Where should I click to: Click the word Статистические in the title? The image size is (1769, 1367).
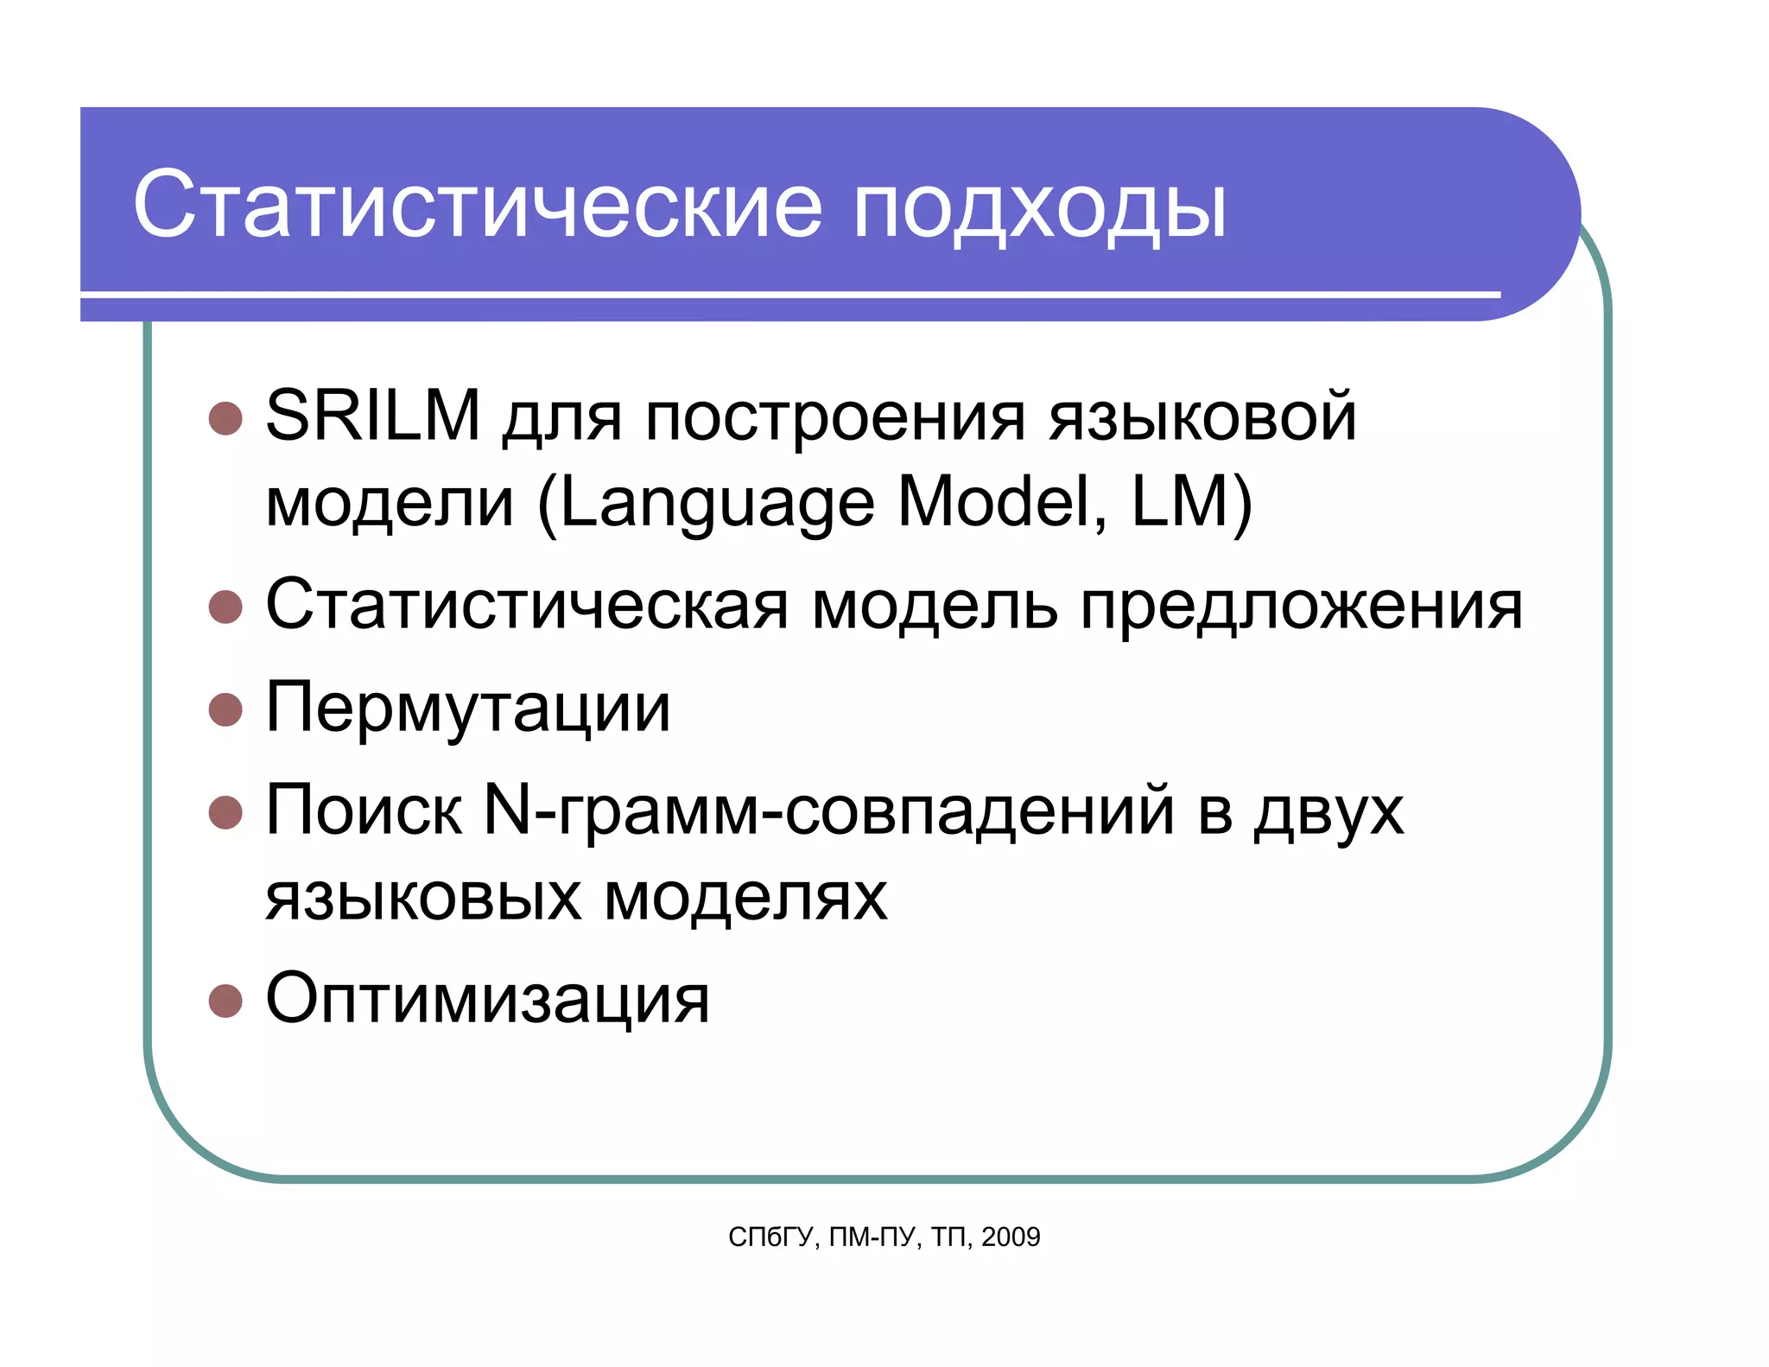coord(477,206)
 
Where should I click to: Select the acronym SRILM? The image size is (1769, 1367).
coord(372,416)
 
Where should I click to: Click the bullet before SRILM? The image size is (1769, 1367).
coord(225,418)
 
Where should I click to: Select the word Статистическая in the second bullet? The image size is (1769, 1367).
coord(527,605)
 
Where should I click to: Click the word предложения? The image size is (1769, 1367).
coord(1301,607)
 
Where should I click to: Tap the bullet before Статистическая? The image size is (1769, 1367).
coord(225,607)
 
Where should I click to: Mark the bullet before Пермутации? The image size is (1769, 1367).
coord(225,709)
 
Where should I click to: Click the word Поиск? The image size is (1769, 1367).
coord(364,811)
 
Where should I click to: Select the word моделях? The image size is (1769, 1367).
coord(745,897)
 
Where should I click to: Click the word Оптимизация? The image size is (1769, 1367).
coord(487,999)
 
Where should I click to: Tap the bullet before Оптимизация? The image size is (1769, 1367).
coord(225,1001)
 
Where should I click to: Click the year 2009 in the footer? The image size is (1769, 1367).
coord(1011,1237)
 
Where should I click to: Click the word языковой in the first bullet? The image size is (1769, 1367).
coord(1202,417)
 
